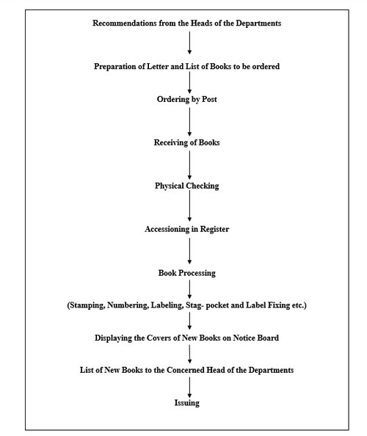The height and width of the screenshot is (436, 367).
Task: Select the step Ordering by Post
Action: [x=187, y=100]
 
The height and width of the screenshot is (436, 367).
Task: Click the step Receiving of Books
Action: [x=187, y=142]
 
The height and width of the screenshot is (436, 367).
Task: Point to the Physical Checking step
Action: [x=187, y=186]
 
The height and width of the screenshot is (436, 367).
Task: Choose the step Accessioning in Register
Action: [x=187, y=230]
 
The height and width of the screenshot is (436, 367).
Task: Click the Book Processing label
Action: [x=187, y=273]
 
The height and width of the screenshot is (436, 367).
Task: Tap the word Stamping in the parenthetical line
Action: [x=87, y=305]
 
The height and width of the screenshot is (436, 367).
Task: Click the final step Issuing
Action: [x=187, y=403]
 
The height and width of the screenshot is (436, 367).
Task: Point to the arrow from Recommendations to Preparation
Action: [x=189, y=43]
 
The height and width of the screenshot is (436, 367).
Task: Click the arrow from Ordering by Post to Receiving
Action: [x=189, y=122]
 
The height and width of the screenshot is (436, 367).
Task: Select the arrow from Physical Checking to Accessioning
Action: [x=189, y=206]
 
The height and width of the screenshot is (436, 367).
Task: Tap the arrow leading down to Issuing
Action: [x=189, y=388]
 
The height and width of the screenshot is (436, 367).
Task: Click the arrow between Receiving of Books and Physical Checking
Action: [x=189, y=165]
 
